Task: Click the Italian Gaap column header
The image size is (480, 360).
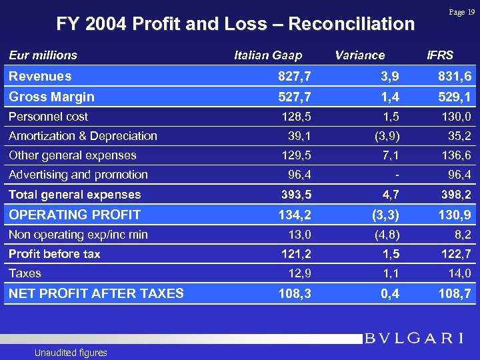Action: click(x=268, y=55)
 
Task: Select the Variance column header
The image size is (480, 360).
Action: click(x=359, y=55)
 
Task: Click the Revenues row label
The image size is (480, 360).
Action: click(x=40, y=77)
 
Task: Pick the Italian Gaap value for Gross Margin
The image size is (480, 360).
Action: click(x=294, y=97)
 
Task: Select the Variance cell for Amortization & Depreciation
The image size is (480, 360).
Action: click(x=386, y=136)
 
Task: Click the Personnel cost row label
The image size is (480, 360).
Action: click(x=48, y=117)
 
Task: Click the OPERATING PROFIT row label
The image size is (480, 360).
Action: click(x=75, y=215)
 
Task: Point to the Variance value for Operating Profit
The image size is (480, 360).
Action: click(x=385, y=215)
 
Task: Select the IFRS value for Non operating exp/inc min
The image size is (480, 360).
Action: click(x=461, y=235)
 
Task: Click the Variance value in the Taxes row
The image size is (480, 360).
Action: click(x=391, y=273)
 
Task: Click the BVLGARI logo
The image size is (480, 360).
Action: click(x=414, y=338)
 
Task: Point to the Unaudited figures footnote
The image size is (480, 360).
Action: click(x=71, y=353)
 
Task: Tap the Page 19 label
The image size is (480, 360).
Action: click(x=461, y=12)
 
